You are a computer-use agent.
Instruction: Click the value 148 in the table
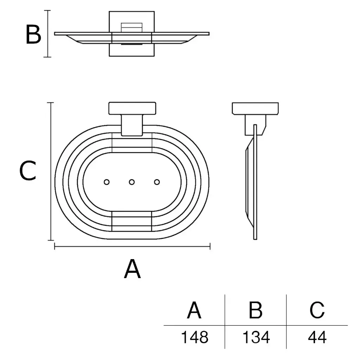(195, 337)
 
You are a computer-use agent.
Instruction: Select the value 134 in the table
(256, 337)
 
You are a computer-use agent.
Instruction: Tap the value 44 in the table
(317, 337)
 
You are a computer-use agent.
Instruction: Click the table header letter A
(194, 310)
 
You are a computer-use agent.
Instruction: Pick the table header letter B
(256, 310)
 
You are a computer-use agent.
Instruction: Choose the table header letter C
(317, 310)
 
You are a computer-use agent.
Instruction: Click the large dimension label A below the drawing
(132, 269)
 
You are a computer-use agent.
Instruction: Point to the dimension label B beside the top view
(33, 34)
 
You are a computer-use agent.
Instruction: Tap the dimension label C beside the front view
(27, 171)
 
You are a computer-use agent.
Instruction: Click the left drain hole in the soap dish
(107, 182)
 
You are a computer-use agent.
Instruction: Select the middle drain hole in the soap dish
(131, 182)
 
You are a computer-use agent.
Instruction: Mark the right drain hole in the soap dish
(157, 182)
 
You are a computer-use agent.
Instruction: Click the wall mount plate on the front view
(132, 108)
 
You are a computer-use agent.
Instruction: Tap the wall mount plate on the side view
(255, 109)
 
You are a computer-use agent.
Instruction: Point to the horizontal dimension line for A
(132, 246)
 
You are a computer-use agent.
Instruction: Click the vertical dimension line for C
(51, 172)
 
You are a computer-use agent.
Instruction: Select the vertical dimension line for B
(47, 34)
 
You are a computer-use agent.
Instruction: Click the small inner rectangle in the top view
(131, 27)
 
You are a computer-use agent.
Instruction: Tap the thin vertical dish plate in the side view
(255, 182)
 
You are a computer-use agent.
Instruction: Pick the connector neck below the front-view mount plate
(132, 125)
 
